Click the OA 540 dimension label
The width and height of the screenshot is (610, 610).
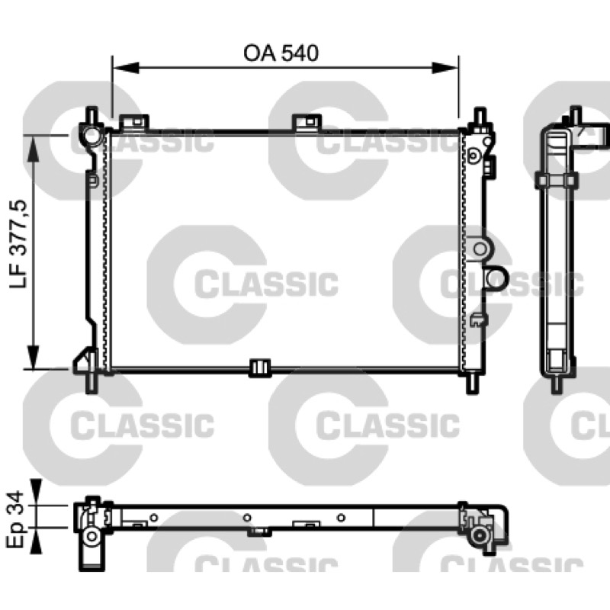281,53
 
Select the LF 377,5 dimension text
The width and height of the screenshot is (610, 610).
18,244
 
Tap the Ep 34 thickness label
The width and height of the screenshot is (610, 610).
15,519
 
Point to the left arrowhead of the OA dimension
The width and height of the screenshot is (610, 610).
126,68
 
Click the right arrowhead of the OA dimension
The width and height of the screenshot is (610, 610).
445,68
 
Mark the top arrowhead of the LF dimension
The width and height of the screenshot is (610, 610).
34,149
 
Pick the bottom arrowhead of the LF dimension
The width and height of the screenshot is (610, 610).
34,355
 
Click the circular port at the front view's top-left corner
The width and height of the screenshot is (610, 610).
92,136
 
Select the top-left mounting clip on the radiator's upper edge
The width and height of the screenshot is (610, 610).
134,122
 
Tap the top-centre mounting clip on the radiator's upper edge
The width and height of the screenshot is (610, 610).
307,122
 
